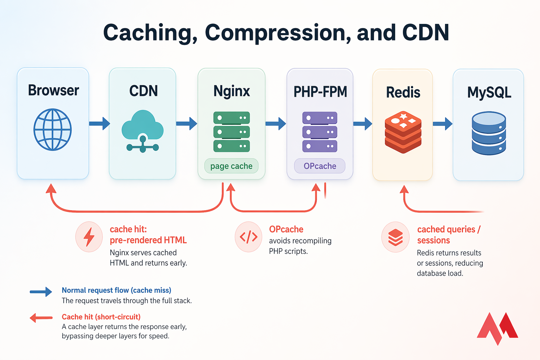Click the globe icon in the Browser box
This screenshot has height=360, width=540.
[x=53, y=129]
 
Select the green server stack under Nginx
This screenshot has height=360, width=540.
[x=231, y=132]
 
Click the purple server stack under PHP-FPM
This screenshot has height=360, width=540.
[x=320, y=132]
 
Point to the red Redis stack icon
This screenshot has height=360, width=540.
[x=403, y=132]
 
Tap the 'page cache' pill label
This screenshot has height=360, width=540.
[x=231, y=166]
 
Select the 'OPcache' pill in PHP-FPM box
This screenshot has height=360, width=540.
[x=320, y=166]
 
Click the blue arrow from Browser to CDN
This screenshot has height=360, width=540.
[x=99, y=123]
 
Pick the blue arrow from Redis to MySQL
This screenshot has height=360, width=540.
[x=442, y=123]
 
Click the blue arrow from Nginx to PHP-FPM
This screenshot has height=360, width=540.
[x=276, y=123]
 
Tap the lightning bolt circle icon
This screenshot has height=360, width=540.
[x=89, y=237]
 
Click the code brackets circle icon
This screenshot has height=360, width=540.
[x=248, y=237]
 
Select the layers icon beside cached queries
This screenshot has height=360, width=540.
[x=396, y=237]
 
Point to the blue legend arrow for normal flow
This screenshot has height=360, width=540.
[x=41, y=291]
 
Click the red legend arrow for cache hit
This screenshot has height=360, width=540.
[x=41, y=318]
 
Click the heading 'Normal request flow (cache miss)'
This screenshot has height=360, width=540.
[x=116, y=290]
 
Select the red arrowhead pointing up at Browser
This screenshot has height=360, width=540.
[x=51, y=189]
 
